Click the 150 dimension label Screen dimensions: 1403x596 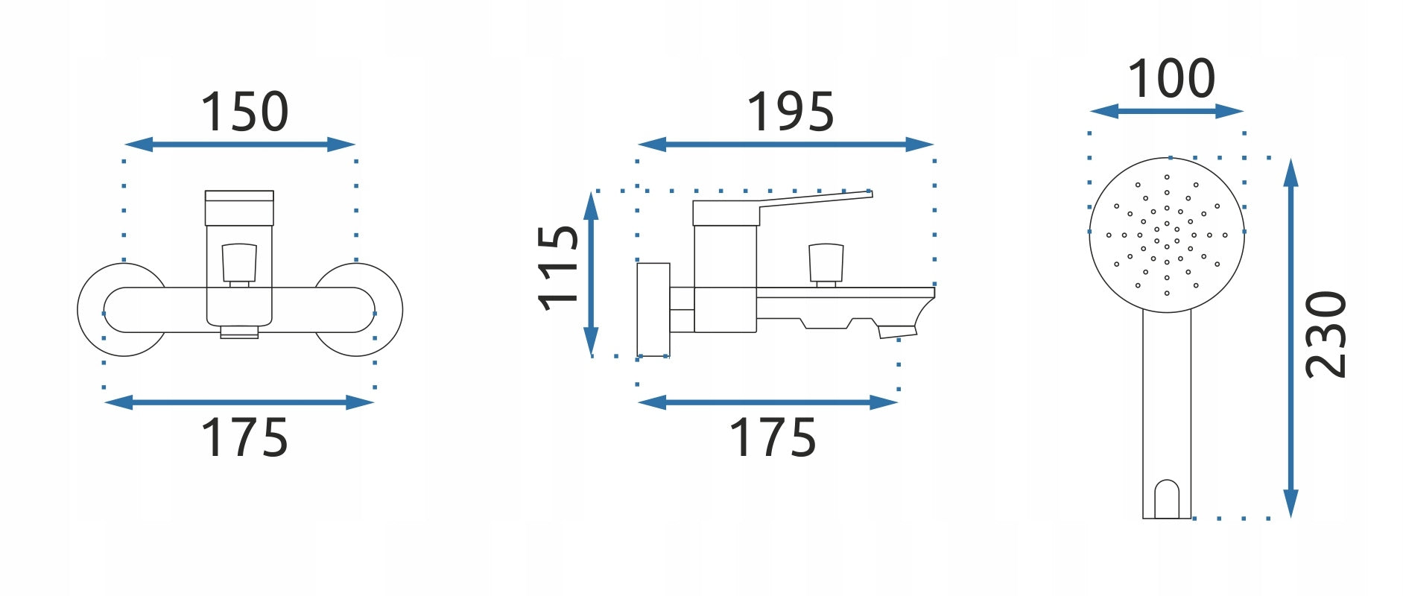[x=244, y=112]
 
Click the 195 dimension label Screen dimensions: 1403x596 [x=790, y=112]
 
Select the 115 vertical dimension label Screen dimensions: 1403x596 [x=557, y=267]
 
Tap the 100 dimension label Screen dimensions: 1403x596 [x=1171, y=77]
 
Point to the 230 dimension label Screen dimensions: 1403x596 [x=1326, y=335]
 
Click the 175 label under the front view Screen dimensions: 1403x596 [x=244, y=437]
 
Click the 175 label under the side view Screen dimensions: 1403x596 [x=772, y=437]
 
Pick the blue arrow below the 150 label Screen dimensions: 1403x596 [x=240, y=145]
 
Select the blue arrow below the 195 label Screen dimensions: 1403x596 [x=786, y=145]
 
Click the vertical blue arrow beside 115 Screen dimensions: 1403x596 [x=591, y=273]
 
